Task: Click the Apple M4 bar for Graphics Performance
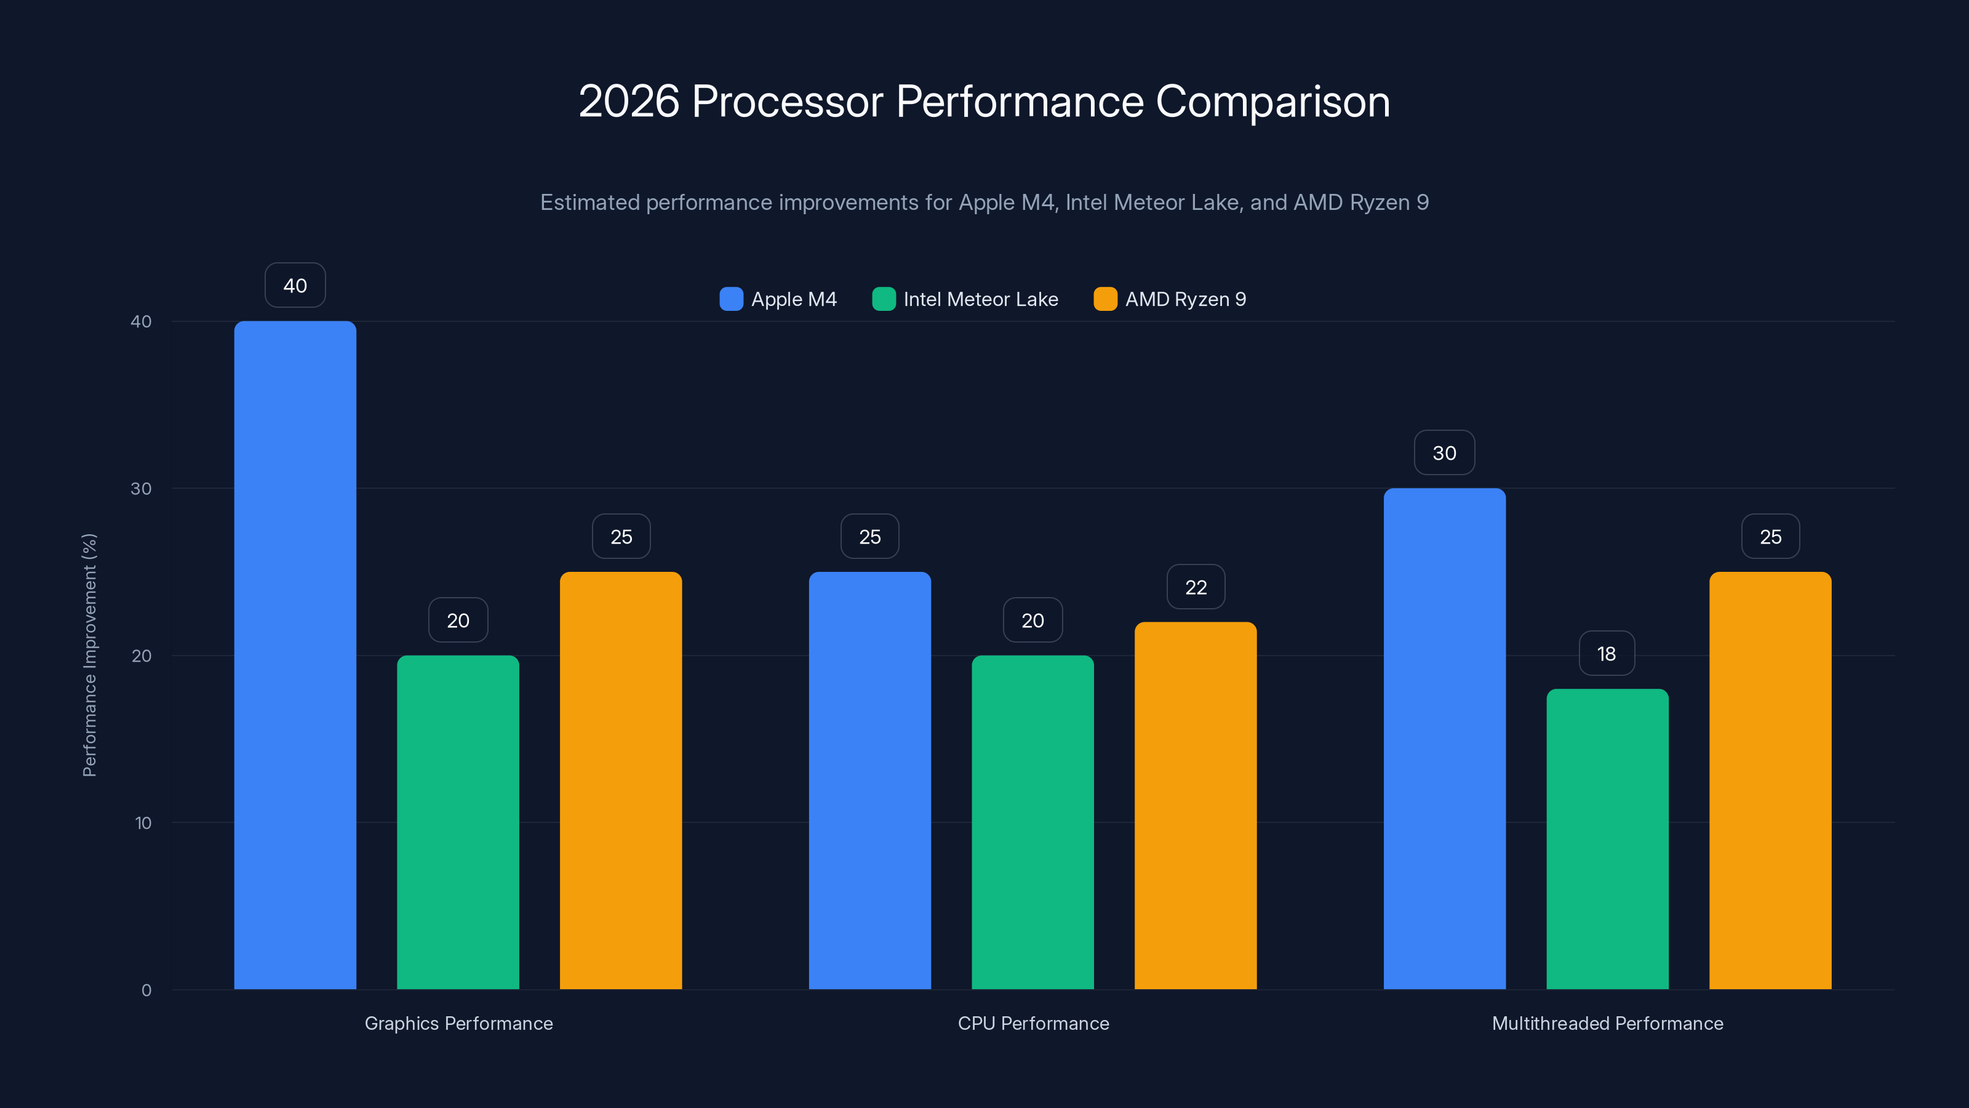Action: click(295, 654)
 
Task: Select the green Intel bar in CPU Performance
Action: click(1032, 822)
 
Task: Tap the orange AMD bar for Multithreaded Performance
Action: click(1770, 780)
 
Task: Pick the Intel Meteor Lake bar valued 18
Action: click(1607, 839)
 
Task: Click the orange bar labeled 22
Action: click(1196, 805)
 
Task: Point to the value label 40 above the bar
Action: click(295, 285)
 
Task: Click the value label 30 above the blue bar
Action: click(1444, 452)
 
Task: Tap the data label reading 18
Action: click(1607, 654)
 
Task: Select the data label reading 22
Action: click(1196, 587)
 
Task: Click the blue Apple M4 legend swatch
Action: click(732, 299)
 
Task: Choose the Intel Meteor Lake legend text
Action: click(981, 299)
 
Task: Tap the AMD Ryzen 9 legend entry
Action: click(1184, 299)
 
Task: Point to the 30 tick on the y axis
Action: click(142, 489)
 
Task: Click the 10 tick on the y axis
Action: click(143, 823)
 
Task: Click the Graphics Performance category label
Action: click(458, 1023)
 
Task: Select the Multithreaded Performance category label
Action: click(1607, 1023)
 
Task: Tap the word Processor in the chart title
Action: click(788, 102)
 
